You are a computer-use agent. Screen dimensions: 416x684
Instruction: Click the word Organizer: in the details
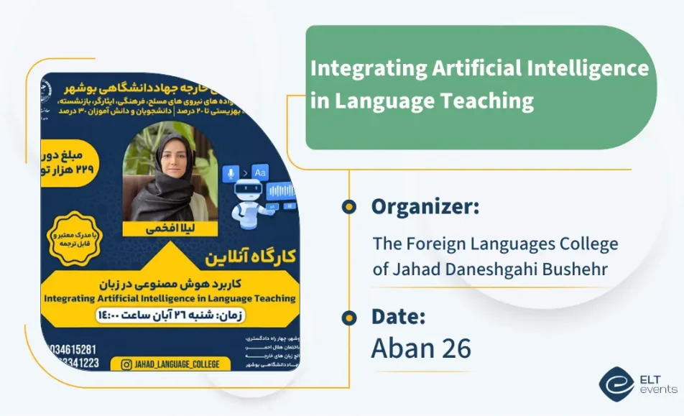pyautogui.click(x=425, y=207)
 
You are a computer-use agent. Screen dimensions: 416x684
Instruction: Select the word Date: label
pyautogui.click(x=399, y=316)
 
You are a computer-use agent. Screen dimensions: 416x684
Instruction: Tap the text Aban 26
pyautogui.click(x=421, y=348)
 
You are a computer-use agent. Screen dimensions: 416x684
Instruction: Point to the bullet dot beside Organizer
pyautogui.click(x=349, y=207)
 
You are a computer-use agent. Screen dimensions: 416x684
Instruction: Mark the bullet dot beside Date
pyautogui.click(x=349, y=317)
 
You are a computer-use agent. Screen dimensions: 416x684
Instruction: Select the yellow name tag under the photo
pyautogui.click(x=160, y=228)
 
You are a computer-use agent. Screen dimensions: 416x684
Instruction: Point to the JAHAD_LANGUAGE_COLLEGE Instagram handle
pyautogui.click(x=177, y=364)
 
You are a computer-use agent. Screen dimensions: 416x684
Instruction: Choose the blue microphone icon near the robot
pyautogui.click(x=231, y=172)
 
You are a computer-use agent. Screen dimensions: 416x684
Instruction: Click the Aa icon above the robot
pyautogui.click(x=260, y=172)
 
